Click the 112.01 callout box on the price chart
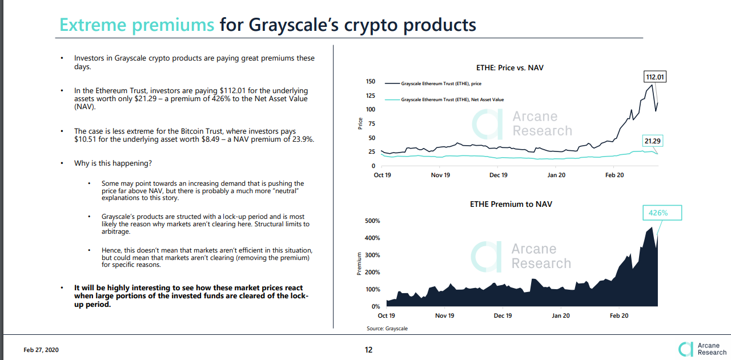coord(655,77)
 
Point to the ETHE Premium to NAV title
coord(511,204)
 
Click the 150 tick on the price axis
coord(371,82)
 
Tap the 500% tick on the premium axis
coord(372,221)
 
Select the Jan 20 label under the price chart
coord(556,175)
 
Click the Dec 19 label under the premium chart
coord(503,315)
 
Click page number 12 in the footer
coord(368,350)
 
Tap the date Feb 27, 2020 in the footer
coord(41,350)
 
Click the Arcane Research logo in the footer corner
coord(702,349)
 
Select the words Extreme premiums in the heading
coord(137,25)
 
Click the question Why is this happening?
coord(113,163)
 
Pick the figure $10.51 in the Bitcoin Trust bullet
coord(86,139)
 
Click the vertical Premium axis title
coord(359,264)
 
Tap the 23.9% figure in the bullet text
coord(302,139)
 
